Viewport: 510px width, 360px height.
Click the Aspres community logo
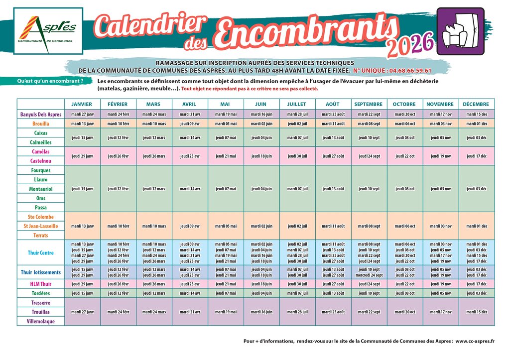48,31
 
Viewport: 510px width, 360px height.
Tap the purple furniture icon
460,31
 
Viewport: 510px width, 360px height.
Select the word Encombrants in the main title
301,30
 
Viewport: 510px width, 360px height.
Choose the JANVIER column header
82,104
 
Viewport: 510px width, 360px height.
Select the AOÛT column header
333,104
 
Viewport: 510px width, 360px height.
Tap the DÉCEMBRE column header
477,104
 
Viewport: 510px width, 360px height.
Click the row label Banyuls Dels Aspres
41,114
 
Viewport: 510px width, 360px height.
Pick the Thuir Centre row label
41,253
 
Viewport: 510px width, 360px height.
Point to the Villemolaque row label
41,321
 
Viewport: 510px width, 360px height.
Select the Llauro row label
41,179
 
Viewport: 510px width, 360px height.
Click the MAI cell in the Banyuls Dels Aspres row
226,114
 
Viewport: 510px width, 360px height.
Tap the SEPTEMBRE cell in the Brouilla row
369,123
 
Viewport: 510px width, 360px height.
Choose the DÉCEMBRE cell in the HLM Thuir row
477,284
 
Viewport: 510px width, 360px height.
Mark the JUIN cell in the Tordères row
261,293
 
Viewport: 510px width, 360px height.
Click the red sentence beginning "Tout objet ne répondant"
250,89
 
